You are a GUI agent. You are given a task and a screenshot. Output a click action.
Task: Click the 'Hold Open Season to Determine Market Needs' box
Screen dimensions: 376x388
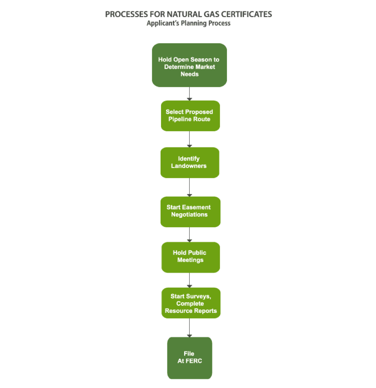190,65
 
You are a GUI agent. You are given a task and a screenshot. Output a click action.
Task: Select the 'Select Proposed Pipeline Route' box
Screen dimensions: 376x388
190,116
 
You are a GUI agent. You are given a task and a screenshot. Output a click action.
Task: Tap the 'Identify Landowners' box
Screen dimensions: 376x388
190,163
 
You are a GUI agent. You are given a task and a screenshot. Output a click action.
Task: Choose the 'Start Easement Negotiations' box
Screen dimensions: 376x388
190,212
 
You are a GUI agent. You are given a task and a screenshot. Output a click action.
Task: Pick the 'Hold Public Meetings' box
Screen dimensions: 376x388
191,257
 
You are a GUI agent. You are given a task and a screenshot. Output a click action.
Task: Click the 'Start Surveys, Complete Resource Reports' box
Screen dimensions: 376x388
191,303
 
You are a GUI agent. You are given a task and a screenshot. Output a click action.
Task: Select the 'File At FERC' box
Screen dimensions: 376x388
190,358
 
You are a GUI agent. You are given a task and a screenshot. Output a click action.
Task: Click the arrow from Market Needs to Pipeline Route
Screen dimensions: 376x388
190,94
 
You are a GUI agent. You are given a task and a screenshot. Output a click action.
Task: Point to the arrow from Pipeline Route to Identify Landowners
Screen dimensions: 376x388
190,139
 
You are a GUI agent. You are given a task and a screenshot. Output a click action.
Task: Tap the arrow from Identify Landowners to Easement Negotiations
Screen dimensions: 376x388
190,187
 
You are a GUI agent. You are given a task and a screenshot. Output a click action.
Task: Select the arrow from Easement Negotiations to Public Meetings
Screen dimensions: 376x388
190,234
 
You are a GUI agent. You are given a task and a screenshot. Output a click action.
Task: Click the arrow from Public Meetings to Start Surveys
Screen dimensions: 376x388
190,280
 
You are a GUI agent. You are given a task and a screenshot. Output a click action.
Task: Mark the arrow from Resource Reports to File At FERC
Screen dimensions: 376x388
190,328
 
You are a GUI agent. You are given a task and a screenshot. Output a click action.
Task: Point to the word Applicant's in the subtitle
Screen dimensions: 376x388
163,23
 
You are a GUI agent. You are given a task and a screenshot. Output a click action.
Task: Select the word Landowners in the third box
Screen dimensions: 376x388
189,166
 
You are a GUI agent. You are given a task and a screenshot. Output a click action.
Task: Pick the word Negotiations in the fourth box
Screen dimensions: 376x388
190,214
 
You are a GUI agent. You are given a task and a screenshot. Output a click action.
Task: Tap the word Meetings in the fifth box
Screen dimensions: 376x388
190,260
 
